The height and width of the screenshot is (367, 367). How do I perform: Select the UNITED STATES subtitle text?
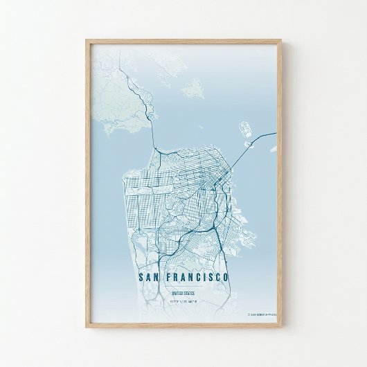click(x=183, y=294)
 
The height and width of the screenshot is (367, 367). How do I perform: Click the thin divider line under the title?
click(x=183, y=287)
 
